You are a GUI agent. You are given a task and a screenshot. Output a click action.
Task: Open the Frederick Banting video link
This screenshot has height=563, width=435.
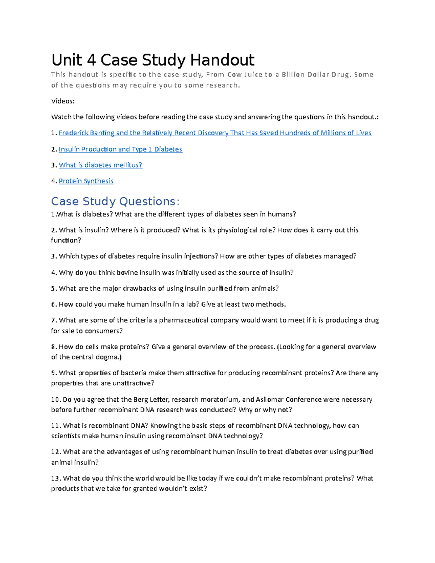[x=215, y=133]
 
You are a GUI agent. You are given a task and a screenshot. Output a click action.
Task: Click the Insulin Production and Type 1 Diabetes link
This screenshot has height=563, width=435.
[x=120, y=149]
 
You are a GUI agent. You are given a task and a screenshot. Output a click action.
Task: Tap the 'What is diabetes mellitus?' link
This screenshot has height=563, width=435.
[x=100, y=165]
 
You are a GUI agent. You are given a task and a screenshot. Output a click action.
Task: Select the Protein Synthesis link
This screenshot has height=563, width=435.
[x=86, y=181]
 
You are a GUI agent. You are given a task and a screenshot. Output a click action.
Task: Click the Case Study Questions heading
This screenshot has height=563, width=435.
[x=115, y=201]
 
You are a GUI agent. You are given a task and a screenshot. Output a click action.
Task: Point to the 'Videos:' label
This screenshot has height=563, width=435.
[x=63, y=101]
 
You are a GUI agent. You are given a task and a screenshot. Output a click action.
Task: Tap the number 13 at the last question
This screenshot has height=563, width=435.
[x=55, y=479]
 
